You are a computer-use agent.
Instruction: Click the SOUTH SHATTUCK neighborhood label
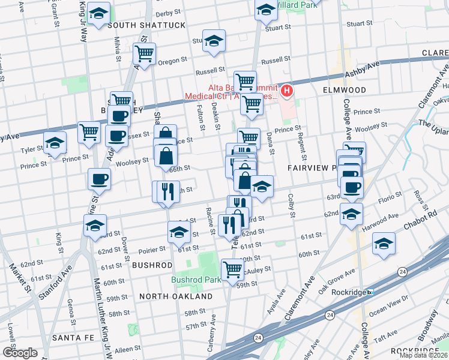point(146,25)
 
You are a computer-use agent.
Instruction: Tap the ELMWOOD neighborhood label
point(345,90)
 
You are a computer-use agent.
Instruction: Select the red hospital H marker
point(288,91)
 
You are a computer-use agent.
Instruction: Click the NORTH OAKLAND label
point(175,296)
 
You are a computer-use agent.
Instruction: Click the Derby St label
point(168,13)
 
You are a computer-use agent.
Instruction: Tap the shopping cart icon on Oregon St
point(144,53)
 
